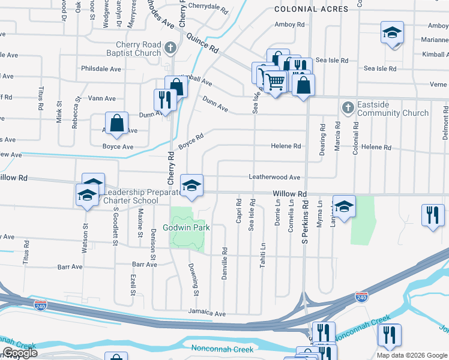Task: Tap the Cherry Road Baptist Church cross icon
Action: (171, 47)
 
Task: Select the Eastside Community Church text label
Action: (392, 113)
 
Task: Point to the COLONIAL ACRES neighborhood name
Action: (311, 9)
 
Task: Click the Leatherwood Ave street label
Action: (274, 178)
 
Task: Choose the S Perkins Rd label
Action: (306, 213)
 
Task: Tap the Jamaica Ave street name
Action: (206, 313)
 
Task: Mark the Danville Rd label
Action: (224, 259)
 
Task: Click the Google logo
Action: (20, 353)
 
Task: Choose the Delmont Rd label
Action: (445, 123)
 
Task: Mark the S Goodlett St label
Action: (113, 228)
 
